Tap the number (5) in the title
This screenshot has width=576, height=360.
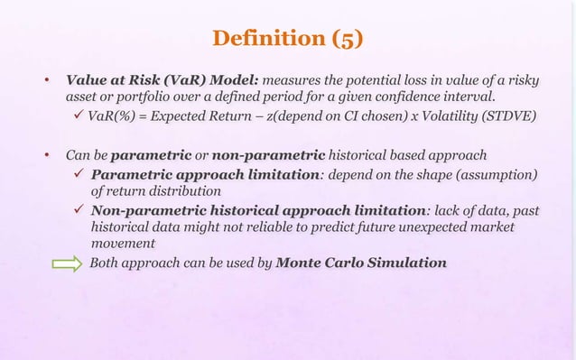[x=348, y=40]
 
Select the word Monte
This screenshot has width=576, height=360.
[x=305, y=263]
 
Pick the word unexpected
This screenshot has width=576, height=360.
[x=419, y=227]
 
